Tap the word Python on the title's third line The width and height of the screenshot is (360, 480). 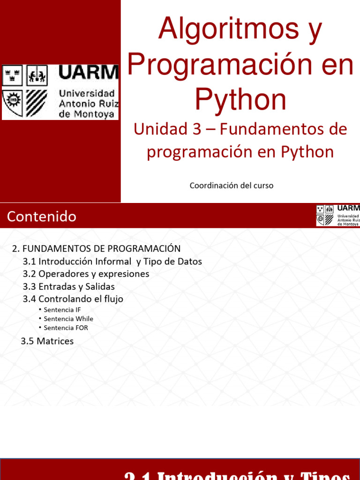coord(240,99)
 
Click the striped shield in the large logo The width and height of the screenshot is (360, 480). coord(37,103)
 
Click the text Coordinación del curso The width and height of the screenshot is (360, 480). coord(231,186)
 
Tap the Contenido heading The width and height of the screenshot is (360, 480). coord(42,217)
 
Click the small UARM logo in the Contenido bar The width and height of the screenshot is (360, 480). coord(338,215)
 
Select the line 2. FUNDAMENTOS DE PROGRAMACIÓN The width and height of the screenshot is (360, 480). coord(96,248)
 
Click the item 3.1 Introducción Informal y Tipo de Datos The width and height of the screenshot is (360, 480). coord(112,261)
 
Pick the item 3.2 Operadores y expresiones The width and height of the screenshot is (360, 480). coord(86,274)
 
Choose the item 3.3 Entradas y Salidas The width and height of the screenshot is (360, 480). coord(68,286)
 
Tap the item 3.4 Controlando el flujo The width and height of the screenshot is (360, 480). coord(73,299)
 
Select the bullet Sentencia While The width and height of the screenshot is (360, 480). coord(68,319)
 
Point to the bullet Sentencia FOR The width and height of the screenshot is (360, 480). coord(66,328)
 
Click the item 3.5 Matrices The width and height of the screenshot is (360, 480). coord(47,341)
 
